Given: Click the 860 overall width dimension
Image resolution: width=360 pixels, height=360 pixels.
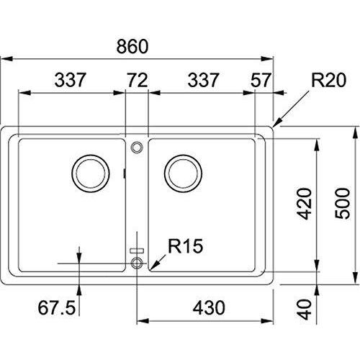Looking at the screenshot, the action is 132,46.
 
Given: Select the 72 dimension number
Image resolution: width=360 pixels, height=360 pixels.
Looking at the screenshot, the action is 137,80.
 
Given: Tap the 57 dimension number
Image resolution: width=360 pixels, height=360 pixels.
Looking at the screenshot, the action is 261,80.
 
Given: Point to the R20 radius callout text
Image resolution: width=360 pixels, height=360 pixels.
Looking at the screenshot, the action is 329,80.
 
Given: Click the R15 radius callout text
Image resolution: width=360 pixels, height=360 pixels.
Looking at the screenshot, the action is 186,246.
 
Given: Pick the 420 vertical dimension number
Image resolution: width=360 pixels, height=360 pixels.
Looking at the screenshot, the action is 304,204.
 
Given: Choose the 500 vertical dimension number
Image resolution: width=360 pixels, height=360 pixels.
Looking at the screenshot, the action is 343,203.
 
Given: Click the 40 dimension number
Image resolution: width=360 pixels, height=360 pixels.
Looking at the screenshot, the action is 304,310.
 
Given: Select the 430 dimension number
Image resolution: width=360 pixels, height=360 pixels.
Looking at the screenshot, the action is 209,308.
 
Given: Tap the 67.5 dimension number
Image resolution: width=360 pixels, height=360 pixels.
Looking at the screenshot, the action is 57,308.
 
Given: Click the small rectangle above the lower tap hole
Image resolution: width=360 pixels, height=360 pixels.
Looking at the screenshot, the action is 137,251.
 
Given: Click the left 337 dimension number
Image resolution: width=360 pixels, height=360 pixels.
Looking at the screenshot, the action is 70,80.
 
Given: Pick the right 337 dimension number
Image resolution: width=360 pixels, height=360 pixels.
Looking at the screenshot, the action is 203,80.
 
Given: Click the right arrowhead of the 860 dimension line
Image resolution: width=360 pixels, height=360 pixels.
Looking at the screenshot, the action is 267,59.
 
